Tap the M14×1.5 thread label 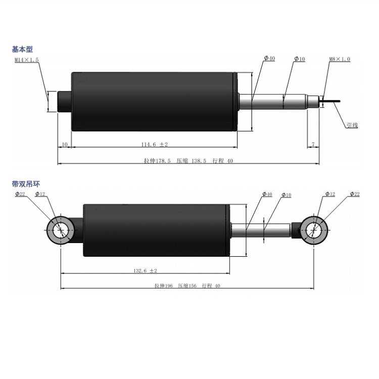[x=27, y=60]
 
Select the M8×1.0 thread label [x=340, y=59]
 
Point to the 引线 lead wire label [x=352, y=124]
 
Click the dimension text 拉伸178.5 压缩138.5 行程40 [x=188, y=161]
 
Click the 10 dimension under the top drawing [x=64, y=145]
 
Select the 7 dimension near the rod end [x=313, y=145]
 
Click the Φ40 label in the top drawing [x=269, y=59]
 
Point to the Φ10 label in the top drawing [x=300, y=59]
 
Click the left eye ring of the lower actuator [x=60, y=230]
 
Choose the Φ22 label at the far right [x=354, y=194]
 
